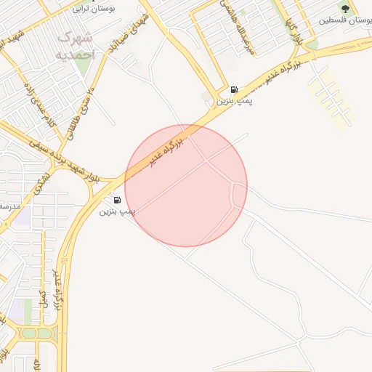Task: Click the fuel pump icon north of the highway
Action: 234,89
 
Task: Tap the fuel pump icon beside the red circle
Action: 117,199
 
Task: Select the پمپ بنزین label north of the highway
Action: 234,102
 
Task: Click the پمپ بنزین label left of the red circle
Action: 117,211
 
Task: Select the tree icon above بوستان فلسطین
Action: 345,8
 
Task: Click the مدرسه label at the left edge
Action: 9,206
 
